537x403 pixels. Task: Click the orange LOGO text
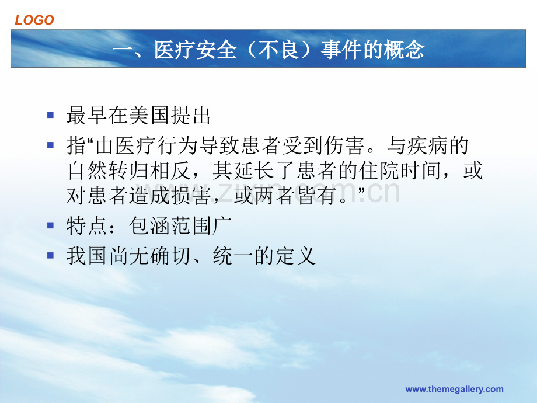point(34,20)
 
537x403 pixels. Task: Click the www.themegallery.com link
point(454,390)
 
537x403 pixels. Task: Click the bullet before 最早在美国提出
point(51,115)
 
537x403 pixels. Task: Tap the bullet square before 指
point(51,144)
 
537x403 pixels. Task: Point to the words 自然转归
point(109,171)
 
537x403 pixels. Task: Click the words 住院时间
point(405,171)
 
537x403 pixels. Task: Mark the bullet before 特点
point(51,225)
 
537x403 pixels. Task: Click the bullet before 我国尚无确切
point(51,255)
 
